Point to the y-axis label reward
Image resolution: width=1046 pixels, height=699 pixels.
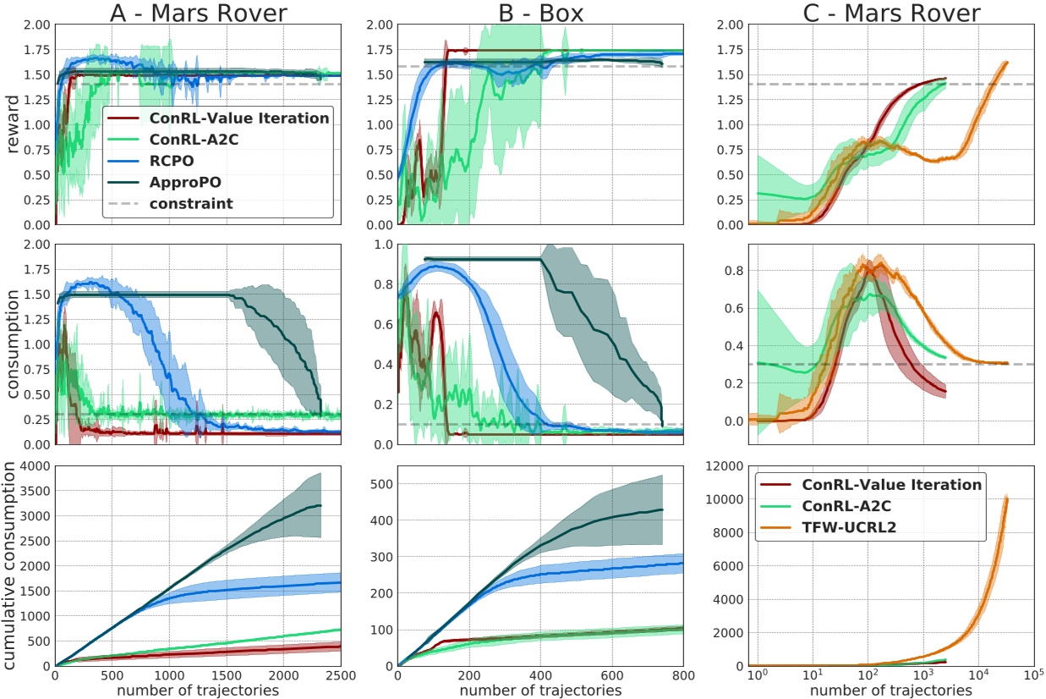coord(12,124)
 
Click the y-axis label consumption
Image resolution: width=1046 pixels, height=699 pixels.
coord(12,344)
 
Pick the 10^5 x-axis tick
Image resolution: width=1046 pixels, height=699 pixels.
coord(1031,678)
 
